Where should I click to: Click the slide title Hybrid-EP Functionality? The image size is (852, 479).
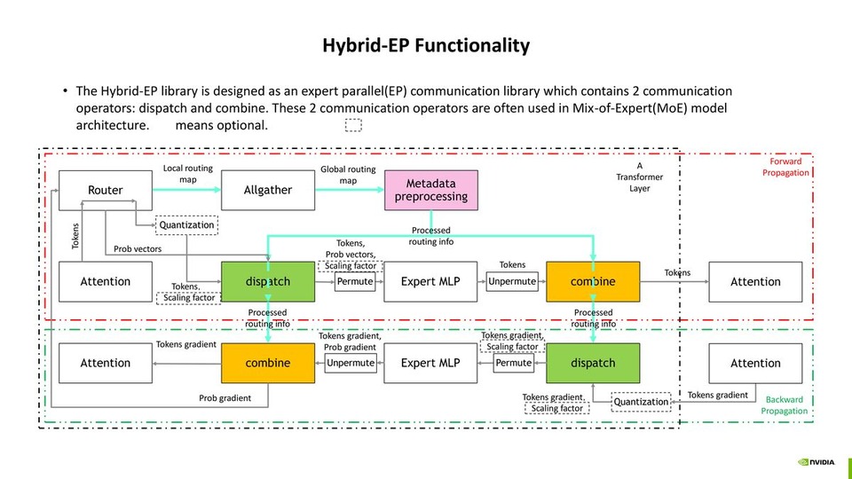click(x=425, y=45)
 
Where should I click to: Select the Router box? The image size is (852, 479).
click(x=106, y=190)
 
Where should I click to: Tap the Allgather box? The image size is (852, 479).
click(x=267, y=190)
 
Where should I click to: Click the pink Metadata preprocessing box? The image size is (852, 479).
click(x=430, y=190)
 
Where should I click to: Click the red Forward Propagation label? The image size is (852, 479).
click(x=785, y=167)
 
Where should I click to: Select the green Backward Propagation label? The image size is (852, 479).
click(x=785, y=405)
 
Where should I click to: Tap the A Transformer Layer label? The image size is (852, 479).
click(x=639, y=177)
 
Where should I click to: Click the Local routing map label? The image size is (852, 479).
click(x=187, y=174)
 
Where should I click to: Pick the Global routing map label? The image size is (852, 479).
click(x=348, y=174)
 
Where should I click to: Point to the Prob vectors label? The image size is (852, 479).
click(x=138, y=249)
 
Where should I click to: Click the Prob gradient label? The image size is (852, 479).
click(x=225, y=398)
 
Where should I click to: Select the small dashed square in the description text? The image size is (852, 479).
click(x=353, y=125)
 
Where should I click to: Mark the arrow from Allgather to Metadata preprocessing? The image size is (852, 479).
click(x=349, y=190)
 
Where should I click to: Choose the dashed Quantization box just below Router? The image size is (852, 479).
click(x=187, y=225)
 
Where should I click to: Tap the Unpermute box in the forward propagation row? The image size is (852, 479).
click(x=512, y=281)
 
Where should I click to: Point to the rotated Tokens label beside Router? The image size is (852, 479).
click(x=75, y=235)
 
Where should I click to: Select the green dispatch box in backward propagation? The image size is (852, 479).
click(x=593, y=363)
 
